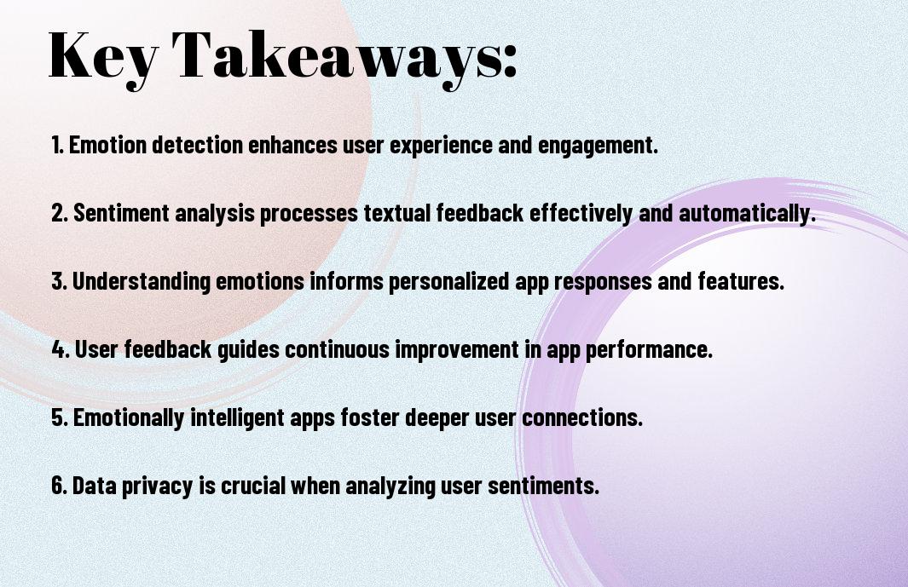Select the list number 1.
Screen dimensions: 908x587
[x=57, y=145]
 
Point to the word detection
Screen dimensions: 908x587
[x=197, y=145]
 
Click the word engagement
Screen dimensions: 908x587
[x=598, y=146]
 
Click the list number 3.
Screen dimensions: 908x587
[x=59, y=281]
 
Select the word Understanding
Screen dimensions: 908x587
[x=142, y=282]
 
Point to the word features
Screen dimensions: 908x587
[x=741, y=281]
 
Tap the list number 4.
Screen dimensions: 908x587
[x=61, y=349]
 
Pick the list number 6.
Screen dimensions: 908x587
[x=59, y=486]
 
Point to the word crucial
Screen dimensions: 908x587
[x=252, y=486]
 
